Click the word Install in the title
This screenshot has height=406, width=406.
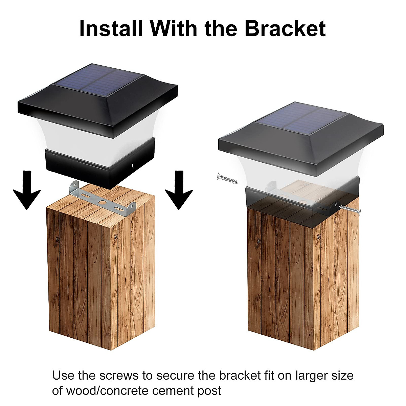[x=111, y=28]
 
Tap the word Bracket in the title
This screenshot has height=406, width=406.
[x=285, y=28]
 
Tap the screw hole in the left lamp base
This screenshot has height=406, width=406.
[x=133, y=166]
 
